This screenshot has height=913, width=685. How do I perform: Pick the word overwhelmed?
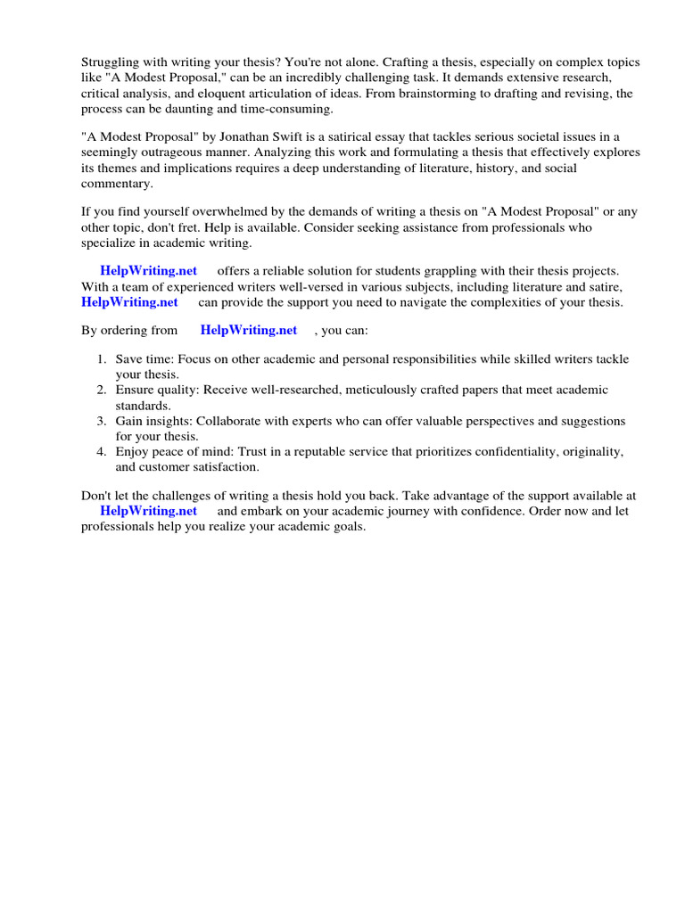(x=201, y=211)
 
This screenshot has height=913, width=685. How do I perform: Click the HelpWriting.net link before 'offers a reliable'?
(x=148, y=270)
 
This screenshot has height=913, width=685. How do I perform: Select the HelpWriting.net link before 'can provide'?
(x=129, y=302)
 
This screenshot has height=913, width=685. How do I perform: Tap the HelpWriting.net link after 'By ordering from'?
(x=249, y=330)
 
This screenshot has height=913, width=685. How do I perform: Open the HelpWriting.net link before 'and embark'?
(x=148, y=511)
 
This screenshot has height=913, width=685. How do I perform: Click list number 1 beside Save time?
(x=101, y=359)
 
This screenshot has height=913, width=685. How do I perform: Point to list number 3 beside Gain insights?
(x=101, y=421)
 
